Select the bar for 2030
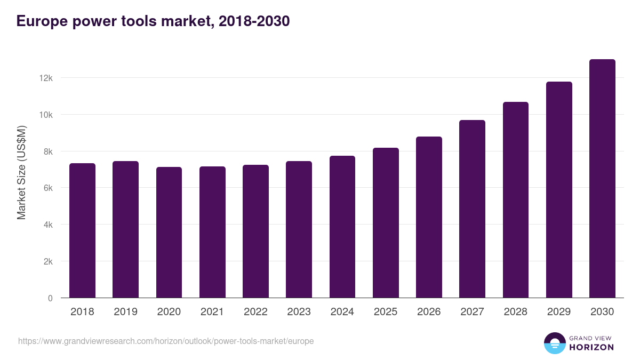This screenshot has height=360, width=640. pos(602,179)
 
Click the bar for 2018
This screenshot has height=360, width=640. pos(82,230)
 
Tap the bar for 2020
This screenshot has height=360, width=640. pos(169,233)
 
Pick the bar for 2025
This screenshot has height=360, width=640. pos(386,223)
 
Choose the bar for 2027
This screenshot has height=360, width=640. pos(472,209)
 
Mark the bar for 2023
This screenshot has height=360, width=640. pos(299,229)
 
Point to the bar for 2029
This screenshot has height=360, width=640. pos(559,190)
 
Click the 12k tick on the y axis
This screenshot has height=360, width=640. pos(46,78)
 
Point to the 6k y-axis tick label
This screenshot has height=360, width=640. pos(47,188)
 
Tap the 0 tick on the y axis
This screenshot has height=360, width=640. pos(50,299)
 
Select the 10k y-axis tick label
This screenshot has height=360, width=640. pos(46,115)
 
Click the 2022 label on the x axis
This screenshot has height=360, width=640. pos(255,312)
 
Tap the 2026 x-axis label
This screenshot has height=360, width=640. pos(429,312)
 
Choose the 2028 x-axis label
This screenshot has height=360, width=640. pos(516,312)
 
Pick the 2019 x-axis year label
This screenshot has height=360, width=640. pos(125,312)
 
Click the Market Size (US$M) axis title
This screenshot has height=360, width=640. pos(21,172)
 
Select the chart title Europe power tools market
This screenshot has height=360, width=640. pos(153,21)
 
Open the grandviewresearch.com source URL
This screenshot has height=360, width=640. pos(166,341)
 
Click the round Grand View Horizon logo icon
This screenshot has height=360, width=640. pos(554,343)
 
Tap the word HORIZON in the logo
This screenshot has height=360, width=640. pos(592,347)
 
